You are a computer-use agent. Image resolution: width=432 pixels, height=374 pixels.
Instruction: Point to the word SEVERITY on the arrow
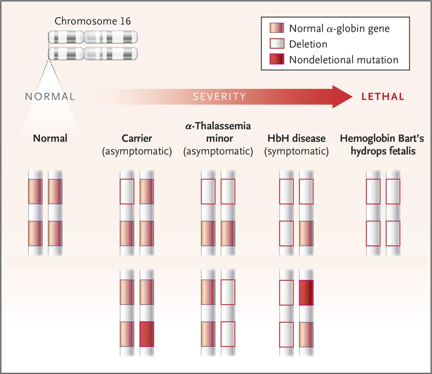pos(220,96)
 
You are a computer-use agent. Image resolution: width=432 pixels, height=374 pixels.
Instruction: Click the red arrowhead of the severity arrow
pos(343,96)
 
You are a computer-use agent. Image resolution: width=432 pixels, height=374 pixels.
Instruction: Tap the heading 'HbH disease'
pos(296,138)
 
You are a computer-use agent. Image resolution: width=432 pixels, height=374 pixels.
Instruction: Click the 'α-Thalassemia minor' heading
pos(218,133)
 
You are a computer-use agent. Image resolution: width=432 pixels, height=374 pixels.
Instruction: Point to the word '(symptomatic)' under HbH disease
pos(296,151)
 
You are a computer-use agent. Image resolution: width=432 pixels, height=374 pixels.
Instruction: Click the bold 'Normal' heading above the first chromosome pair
pos(50,138)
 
